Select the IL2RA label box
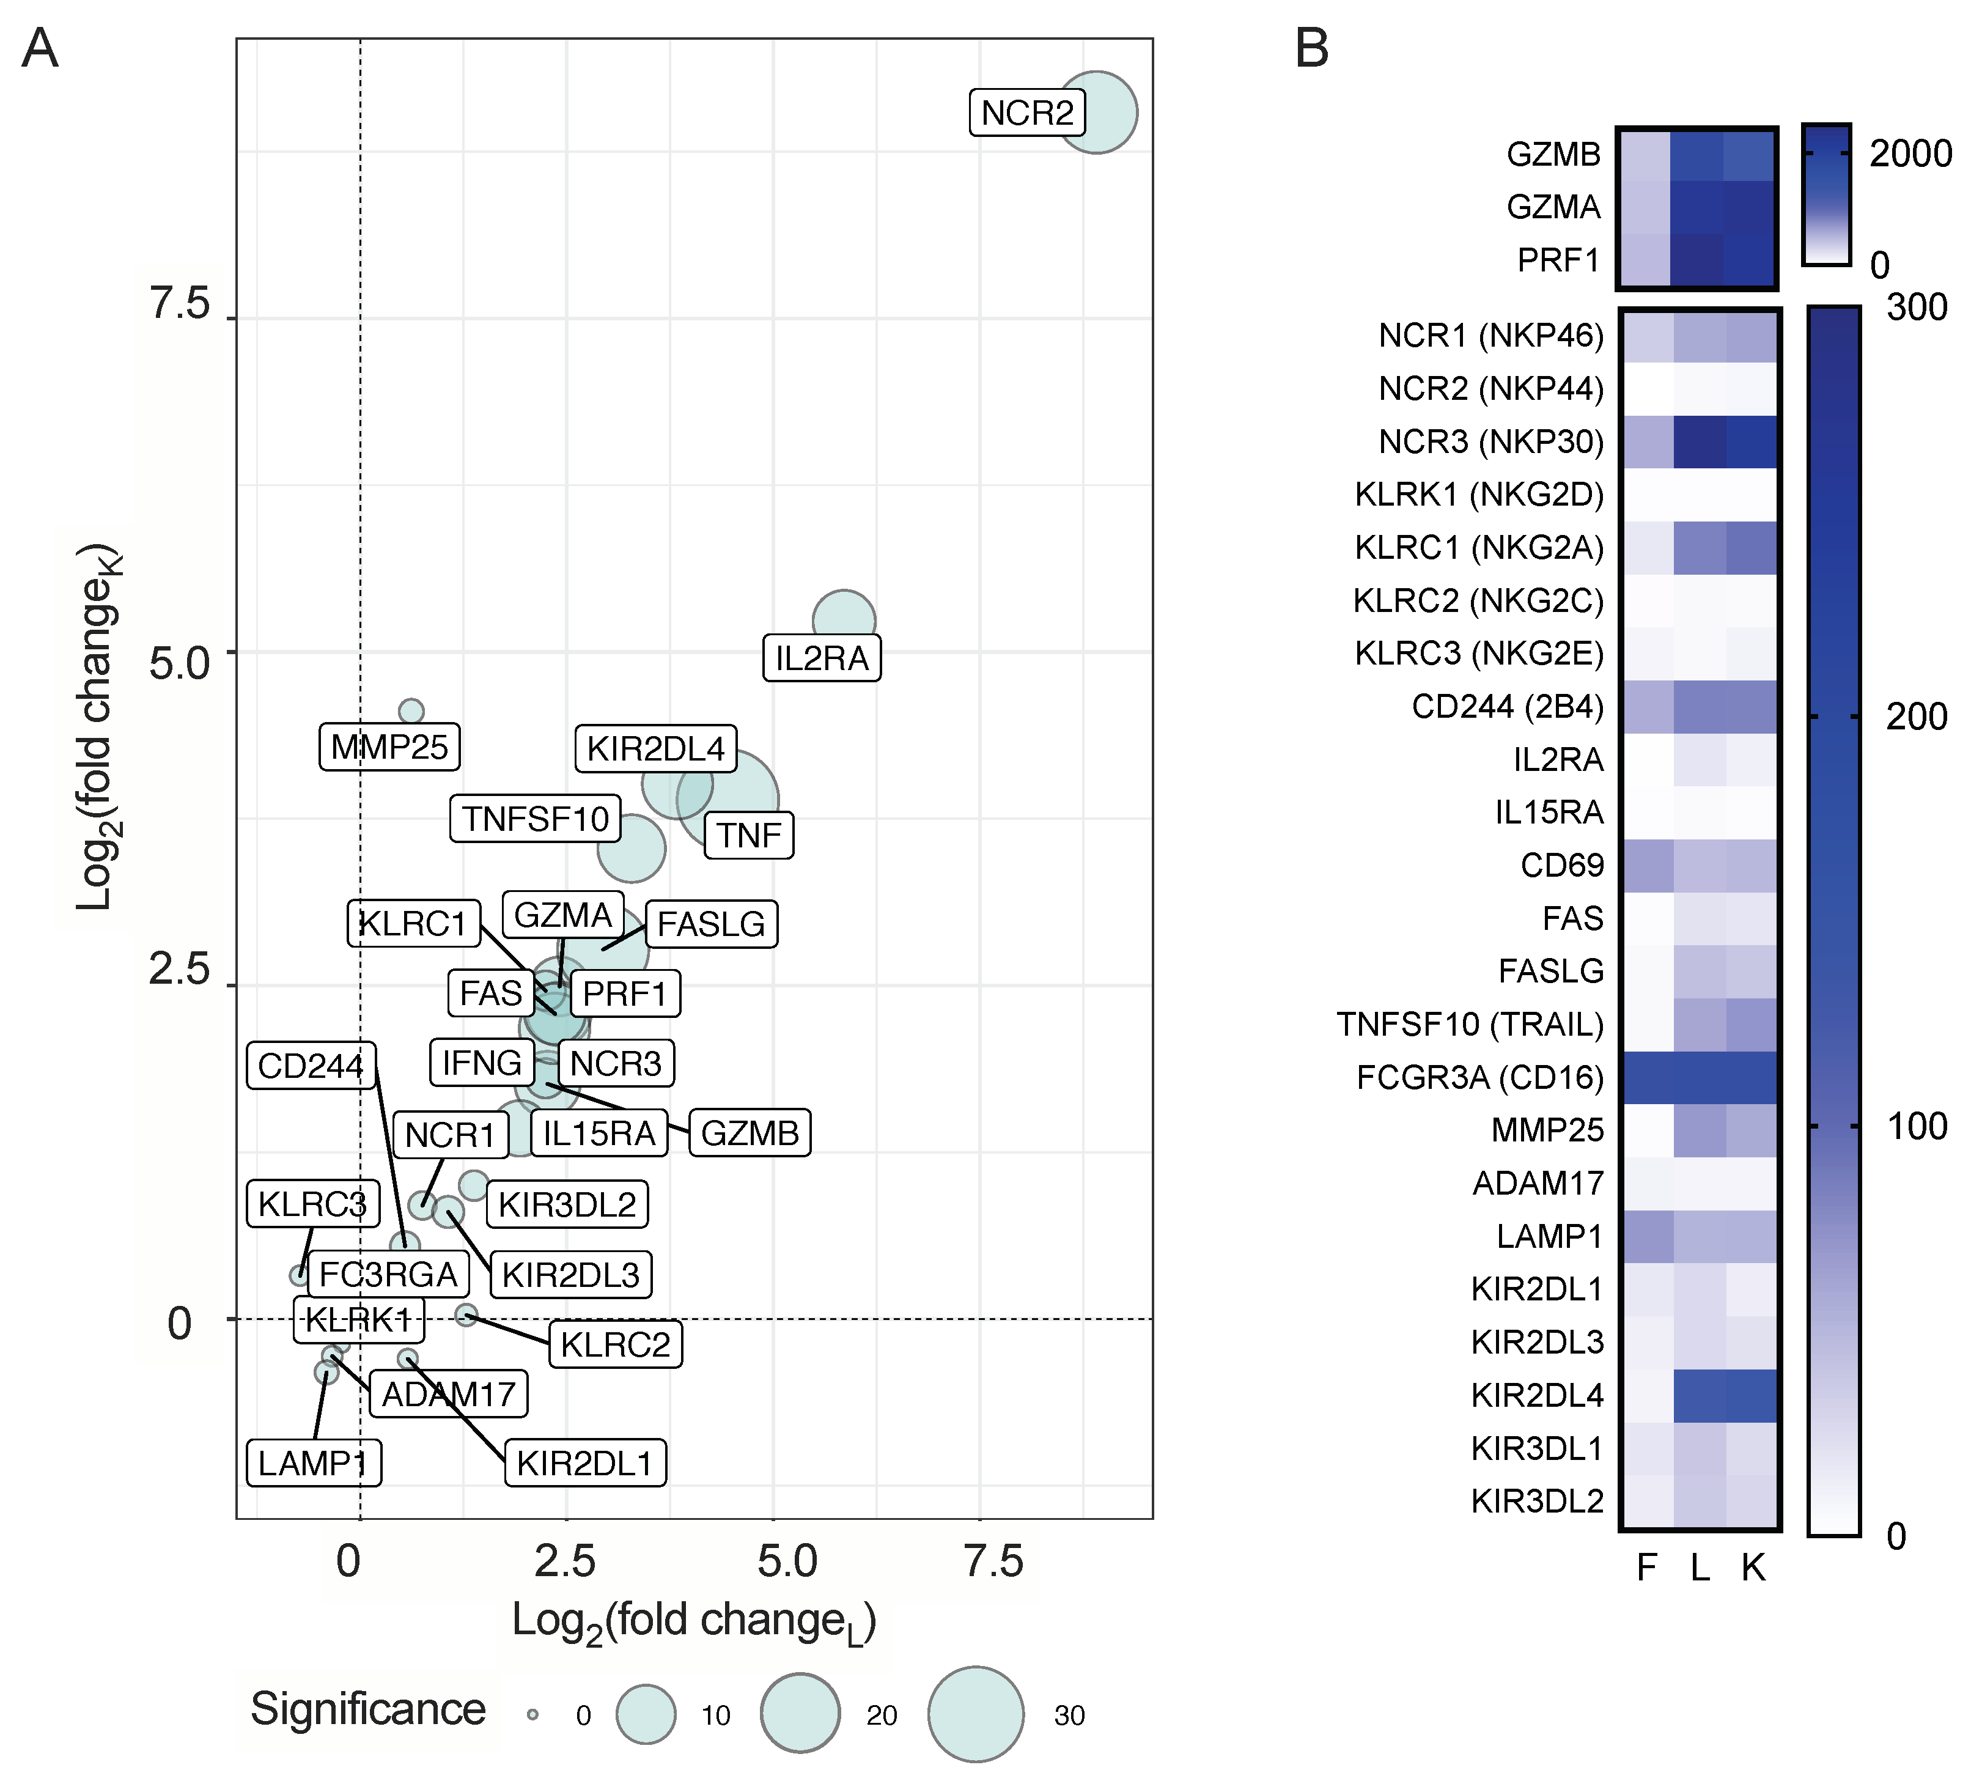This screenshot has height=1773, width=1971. tap(821, 658)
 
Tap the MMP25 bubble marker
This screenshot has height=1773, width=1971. tap(411, 711)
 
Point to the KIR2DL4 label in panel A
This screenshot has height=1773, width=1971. tap(656, 748)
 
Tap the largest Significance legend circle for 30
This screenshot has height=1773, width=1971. tap(975, 1714)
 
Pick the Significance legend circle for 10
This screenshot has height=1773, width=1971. tap(646, 1714)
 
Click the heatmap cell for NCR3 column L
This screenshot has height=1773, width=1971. tap(1700, 441)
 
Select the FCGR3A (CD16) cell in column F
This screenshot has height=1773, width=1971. tap(1648, 1077)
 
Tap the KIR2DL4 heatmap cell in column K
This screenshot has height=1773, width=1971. tap(1752, 1395)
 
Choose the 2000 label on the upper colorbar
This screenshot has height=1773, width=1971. tap(1910, 154)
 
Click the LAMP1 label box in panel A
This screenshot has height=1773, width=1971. tap(314, 1462)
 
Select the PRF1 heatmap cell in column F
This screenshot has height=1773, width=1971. tap(1645, 260)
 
